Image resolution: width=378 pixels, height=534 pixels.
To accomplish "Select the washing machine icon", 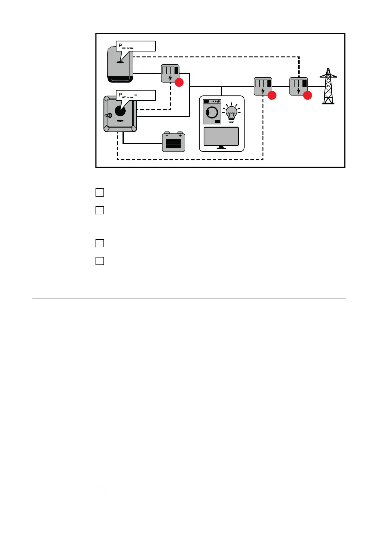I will coord(212,112).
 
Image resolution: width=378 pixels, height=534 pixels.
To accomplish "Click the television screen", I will coord(221,136).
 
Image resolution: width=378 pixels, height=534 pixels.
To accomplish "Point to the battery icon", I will coord(174,142).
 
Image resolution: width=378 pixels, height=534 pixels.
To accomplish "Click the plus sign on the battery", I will coord(180,136).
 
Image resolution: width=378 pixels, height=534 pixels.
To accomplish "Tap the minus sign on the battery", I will coord(167,136).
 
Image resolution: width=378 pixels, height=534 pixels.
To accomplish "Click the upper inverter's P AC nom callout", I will coord(136,46).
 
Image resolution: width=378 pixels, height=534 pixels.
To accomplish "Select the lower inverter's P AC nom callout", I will coord(136,95).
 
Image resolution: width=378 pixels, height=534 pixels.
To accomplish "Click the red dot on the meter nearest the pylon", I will coord(307,95).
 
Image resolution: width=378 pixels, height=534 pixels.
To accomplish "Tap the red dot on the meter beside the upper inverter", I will coord(179,82).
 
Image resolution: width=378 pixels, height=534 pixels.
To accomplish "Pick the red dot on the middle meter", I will coord(272,95).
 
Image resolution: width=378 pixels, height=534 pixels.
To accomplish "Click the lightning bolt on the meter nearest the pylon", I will coord(298,91).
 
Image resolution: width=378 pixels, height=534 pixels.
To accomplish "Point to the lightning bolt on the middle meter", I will coord(263,91).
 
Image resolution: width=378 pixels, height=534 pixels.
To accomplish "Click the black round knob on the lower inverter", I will coord(120,111).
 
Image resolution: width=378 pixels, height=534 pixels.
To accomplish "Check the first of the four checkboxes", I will coord(100,192).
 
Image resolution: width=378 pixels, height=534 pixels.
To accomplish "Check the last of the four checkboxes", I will coord(100,261).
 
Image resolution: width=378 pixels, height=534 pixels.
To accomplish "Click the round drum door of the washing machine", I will coord(212,113).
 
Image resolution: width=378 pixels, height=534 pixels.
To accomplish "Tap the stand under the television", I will coord(221,147).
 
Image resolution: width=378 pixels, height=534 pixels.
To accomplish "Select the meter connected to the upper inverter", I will coord(170,73).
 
